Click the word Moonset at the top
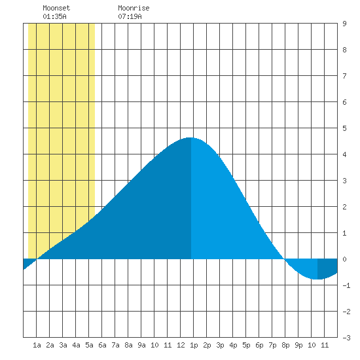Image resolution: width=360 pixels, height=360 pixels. click(x=56, y=8)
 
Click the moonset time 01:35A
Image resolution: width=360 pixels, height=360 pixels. click(x=54, y=16)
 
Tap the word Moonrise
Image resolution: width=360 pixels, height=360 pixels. click(x=134, y=8)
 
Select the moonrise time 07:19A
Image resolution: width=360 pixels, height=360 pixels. click(x=130, y=16)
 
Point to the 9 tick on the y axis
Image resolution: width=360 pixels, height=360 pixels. click(x=344, y=24)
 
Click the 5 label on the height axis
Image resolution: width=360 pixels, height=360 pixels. click(x=344, y=128)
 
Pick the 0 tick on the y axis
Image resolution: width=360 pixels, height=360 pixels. click(x=344, y=259)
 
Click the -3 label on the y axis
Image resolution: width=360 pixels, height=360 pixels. click(x=346, y=338)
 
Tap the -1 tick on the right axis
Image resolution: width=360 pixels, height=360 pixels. click(x=346, y=285)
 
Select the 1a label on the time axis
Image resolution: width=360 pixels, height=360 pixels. click(x=37, y=345)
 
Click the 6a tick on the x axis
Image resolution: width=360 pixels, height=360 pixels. click(x=102, y=345)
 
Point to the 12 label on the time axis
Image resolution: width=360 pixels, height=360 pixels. click(x=181, y=345)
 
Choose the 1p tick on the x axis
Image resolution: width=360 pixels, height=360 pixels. click(x=194, y=345)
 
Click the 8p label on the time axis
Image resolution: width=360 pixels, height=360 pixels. click(x=285, y=345)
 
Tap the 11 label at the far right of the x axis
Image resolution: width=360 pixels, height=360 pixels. click(x=325, y=345)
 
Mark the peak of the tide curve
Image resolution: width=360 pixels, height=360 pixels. click(x=190, y=137)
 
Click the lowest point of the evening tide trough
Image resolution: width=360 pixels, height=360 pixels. click(x=317, y=279)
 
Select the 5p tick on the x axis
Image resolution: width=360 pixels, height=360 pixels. click(x=246, y=345)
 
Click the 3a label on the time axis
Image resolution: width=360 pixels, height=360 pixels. click(x=63, y=345)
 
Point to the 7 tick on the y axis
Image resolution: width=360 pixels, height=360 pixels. click(x=344, y=76)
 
